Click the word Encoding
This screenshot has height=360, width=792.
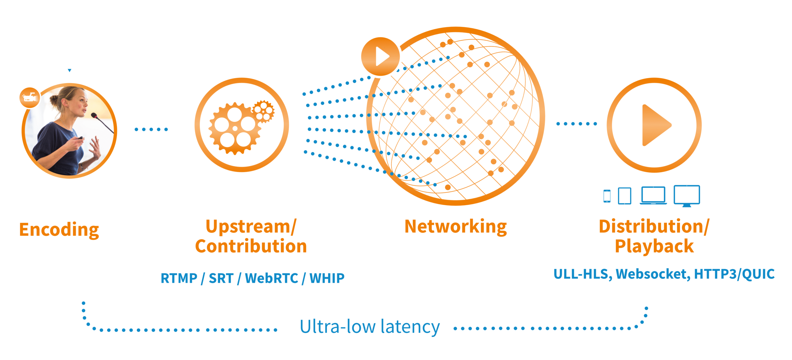(59, 229)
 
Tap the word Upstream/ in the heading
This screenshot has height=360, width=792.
(251, 226)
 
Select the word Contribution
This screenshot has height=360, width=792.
(251, 246)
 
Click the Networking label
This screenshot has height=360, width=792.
(455, 226)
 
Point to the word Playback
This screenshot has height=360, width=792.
(654, 246)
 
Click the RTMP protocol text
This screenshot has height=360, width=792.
(179, 278)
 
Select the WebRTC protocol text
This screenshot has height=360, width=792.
(271, 278)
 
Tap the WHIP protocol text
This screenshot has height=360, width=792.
(327, 278)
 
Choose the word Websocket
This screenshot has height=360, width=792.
(653, 274)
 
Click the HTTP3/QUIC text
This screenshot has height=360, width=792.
(734, 274)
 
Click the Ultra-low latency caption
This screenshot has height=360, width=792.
(369, 327)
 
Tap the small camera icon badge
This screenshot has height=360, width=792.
(30, 98)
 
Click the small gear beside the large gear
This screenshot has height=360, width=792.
(263, 111)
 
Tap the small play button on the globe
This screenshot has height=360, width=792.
(381, 57)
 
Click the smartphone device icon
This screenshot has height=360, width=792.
(607, 196)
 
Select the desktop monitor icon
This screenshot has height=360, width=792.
(687, 195)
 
